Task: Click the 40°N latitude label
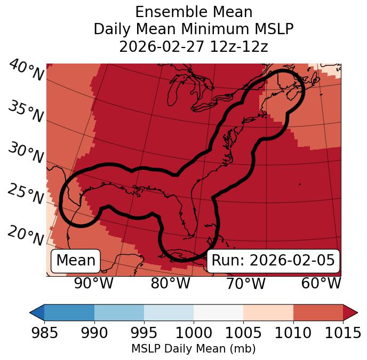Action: click(x=26, y=71)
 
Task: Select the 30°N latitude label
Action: click(x=26, y=153)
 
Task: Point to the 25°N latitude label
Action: click(x=26, y=194)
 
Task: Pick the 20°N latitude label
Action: click(x=26, y=235)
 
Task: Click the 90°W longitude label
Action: click(x=93, y=283)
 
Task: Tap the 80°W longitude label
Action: click(x=170, y=283)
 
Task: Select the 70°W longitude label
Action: click(x=245, y=283)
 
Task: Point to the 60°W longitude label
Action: click(x=321, y=283)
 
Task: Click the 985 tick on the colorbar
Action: click(x=44, y=333)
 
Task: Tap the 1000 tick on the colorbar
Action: click(x=194, y=333)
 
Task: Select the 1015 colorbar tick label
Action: click(x=343, y=333)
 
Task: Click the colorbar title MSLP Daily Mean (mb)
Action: click(x=193, y=349)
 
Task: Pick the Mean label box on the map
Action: click(x=76, y=261)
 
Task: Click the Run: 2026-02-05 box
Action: click(x=273, y=261)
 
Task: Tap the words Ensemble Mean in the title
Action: click(x=194, y=12)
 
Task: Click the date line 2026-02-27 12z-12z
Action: click(x=194, y=46)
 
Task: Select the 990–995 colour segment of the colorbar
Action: click(x=119, y=312)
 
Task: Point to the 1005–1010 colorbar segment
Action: click(x=268, y=312)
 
